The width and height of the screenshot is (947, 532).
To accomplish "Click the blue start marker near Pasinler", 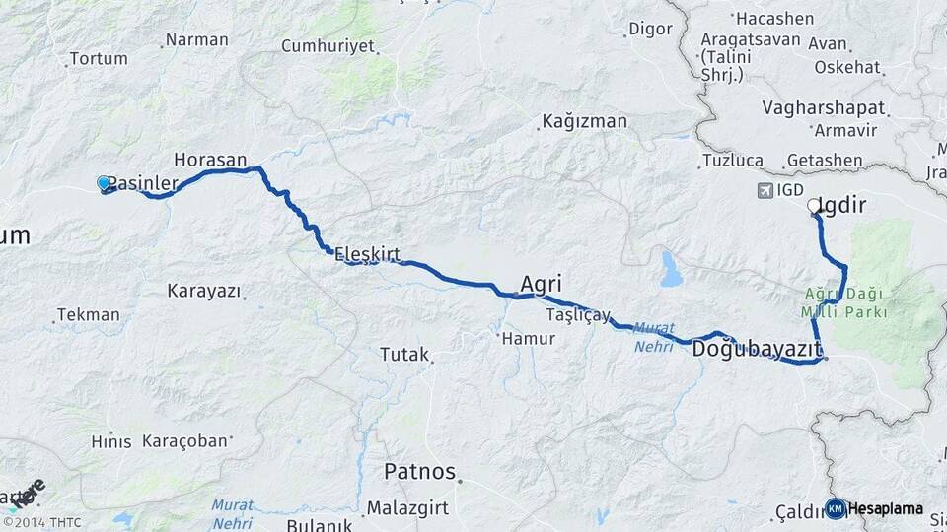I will [x=104, y=182].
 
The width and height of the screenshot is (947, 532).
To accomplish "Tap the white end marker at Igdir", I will [x=814, y=206].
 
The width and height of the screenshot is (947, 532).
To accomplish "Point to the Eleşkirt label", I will [x=367, y=255].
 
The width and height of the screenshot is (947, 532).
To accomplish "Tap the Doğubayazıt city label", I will [x=757, y=349].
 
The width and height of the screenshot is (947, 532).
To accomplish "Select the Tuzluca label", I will [x=733, y=160].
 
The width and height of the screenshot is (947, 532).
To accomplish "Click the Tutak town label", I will [x=404, y=354].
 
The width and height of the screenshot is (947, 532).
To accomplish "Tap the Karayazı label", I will [x=203, y=291].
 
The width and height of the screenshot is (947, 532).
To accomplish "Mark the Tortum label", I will [x=99, y=58].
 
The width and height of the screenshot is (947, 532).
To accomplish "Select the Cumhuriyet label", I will [x=328, y=46].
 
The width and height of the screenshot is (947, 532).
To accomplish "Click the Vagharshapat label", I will [x=824, y=108].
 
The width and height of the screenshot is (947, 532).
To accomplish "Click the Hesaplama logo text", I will [x=886, y=508].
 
